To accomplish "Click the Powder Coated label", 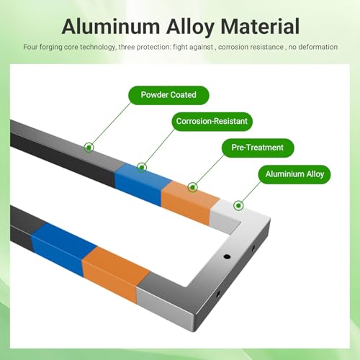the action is click(168, 95).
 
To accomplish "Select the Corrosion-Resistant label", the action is click(212, 122).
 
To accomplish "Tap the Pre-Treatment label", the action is click(258, 148).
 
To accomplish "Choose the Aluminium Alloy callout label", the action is click(294, 174).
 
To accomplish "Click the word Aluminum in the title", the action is click(111, 27).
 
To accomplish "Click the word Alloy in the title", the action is click(190, 27).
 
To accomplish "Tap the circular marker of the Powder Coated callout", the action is click(89, 148).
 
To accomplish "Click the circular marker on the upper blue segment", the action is click(142, 167).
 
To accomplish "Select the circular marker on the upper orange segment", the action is click(192, 187).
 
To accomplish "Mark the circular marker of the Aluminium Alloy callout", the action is click(238, 205).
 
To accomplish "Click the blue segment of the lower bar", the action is click(63, 250).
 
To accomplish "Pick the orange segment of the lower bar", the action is click(115, 274).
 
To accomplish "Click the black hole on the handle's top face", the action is click(227, 257).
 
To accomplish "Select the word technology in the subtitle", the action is click(98, 48).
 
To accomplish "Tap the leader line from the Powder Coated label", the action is click(111, 124).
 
